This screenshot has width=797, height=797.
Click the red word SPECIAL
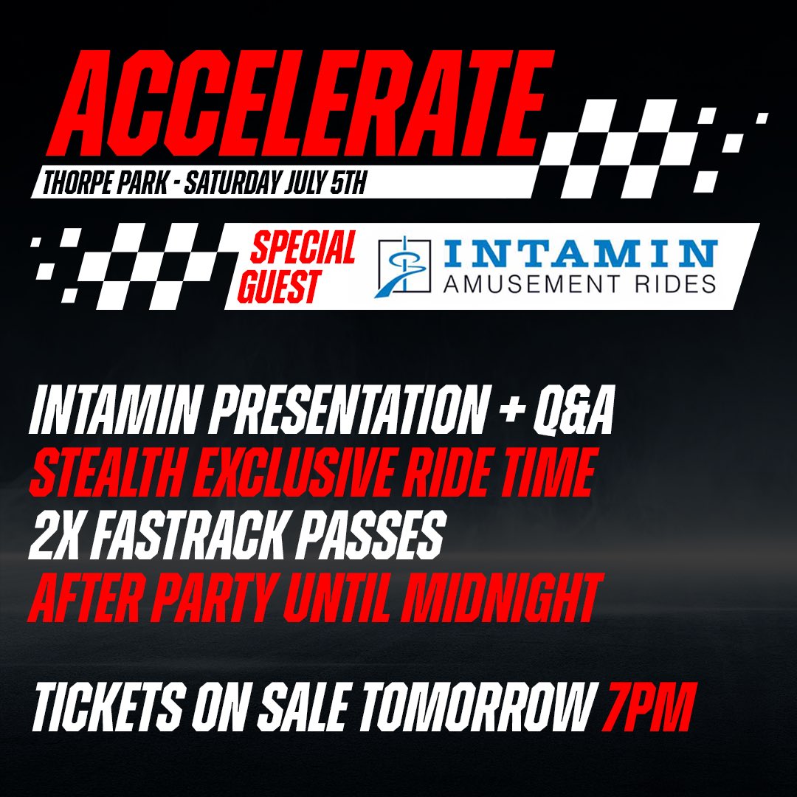point(303,249)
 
